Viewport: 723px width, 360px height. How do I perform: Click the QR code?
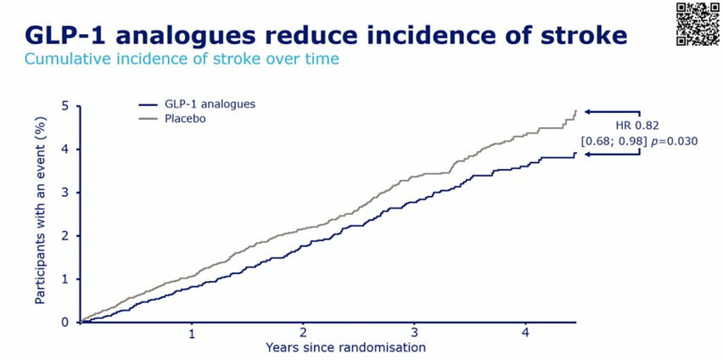coord(698,24)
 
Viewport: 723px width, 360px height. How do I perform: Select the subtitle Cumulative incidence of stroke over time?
coord(182,59)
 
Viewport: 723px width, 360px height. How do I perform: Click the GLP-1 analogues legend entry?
coord(196,104)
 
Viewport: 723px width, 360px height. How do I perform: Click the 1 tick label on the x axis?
coord(192,334)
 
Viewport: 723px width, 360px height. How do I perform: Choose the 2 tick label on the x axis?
coord(303,334)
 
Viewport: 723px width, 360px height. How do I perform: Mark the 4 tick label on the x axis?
coord(525,334)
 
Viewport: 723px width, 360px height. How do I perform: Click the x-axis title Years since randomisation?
coord(345,346)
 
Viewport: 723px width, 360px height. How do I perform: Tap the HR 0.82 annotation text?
coord(634,126)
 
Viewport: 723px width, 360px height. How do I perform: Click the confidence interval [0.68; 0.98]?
coord(612,142)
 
